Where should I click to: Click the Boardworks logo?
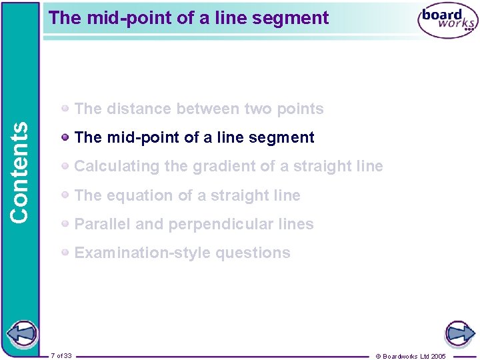tap(447, 21)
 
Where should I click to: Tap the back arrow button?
tap(21, 333)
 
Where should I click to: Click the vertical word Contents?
tap(20, 172)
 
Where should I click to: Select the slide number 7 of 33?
tap(61, 355)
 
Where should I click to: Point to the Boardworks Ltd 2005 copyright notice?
tap(411, 356)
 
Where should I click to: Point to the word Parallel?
tap(103, 224)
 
